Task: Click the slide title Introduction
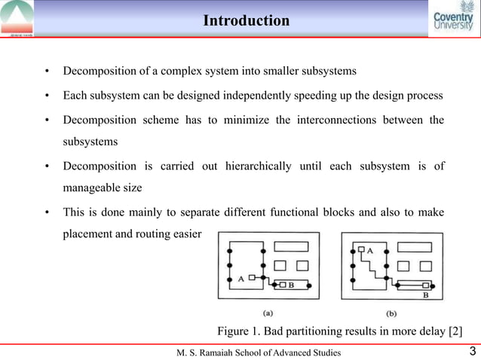(x=246, y=20)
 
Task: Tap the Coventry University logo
(x=454, y=20)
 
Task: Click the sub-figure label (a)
(x=268, y=313)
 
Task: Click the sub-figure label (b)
(x=391, y=313)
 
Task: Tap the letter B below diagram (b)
(x=425, y=297)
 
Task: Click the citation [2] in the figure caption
(x=454, y=331)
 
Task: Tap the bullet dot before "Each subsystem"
(x=47, y=96)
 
